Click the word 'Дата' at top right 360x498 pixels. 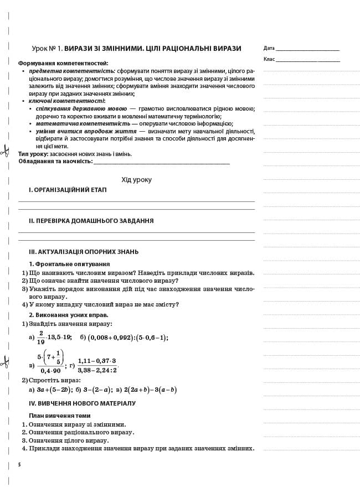click(269, 49)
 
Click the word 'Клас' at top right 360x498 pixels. click(269, 59)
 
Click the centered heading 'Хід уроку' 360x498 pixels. click(136, 180)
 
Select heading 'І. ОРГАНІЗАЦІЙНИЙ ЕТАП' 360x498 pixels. click(68, 190)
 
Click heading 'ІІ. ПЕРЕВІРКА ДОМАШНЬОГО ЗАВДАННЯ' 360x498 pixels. click(91, 221)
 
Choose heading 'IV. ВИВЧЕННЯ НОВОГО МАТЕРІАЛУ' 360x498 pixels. click(82, 403)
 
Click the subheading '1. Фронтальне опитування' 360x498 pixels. click(69, 264)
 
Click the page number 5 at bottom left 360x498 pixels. click(19, 464)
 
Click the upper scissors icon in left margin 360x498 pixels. click(5, 150)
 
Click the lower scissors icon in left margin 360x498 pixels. click(5, 363)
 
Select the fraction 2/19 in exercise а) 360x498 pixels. click(41, 336)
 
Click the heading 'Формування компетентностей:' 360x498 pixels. click(63, 64)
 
